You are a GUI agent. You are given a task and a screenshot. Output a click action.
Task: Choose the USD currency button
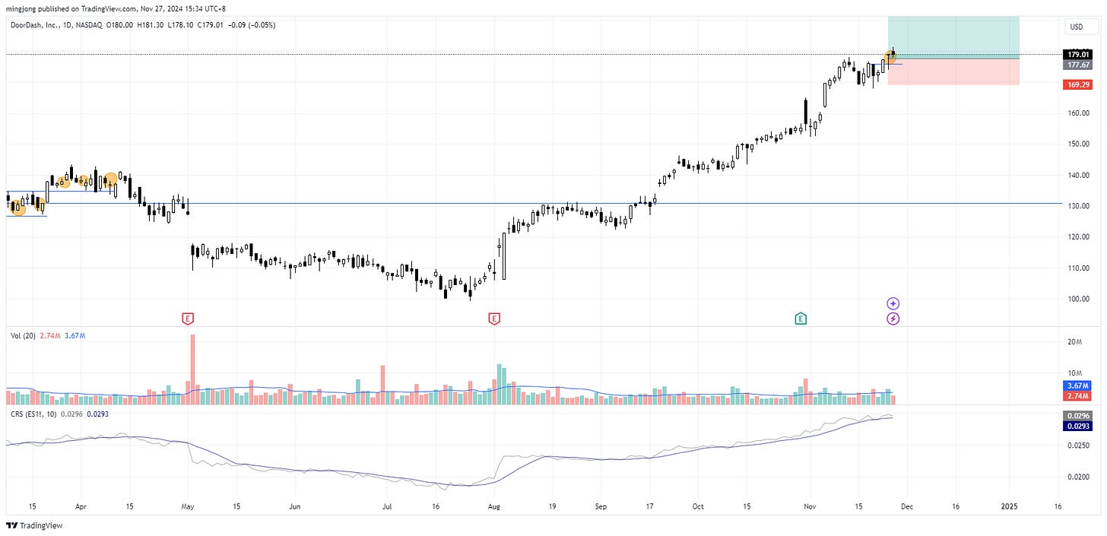[x=1076, y=27]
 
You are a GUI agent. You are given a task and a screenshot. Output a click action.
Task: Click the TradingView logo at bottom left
[x=34, y=525]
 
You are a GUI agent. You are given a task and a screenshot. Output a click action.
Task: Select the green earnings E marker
[x=801, y=319]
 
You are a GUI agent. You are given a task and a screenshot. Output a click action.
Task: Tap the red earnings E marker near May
[x=187, y=319]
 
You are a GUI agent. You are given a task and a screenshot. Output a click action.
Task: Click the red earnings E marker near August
[x=494, y=319]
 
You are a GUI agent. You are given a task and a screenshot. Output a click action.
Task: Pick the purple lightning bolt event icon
[x=893, y=319]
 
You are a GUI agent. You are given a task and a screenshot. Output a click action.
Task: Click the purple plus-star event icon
[x=893, y=303]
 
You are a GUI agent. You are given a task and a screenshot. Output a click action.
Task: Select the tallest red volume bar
[x=192, y=369]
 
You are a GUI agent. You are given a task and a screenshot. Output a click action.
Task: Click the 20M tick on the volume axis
[x=1075, y=342]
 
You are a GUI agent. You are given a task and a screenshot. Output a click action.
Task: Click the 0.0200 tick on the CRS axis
[x=1079, y=477]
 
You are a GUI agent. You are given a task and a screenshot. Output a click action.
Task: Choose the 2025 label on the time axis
[x=1009, y=506]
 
